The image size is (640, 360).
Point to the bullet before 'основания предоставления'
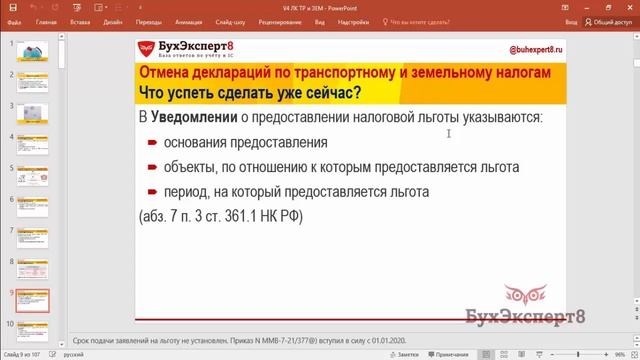coord(153,143)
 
